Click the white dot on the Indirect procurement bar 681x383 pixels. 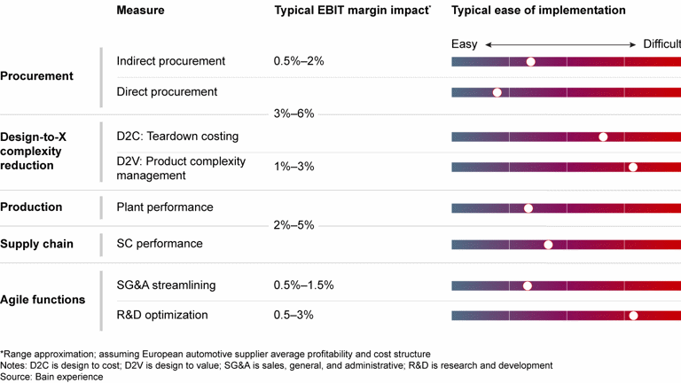[530, 62]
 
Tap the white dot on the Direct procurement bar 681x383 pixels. [497, 92]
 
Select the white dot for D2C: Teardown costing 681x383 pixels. [603, 137]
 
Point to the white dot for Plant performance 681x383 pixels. [528, 208]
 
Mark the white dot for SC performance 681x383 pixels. [548, 245]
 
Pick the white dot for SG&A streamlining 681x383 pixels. [528, 285]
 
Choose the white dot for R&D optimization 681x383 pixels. [633, 315]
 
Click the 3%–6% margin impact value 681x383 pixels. [294, 114]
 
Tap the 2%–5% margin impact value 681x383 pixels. [294, 225]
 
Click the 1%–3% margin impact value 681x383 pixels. [294, 167]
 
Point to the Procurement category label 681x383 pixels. [37, 76]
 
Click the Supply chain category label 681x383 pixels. [37, 244]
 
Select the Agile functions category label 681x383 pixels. [43, 300]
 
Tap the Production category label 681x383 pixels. [31, 207]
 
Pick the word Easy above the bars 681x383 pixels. [464, 43]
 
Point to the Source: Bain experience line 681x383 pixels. [51, 377]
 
